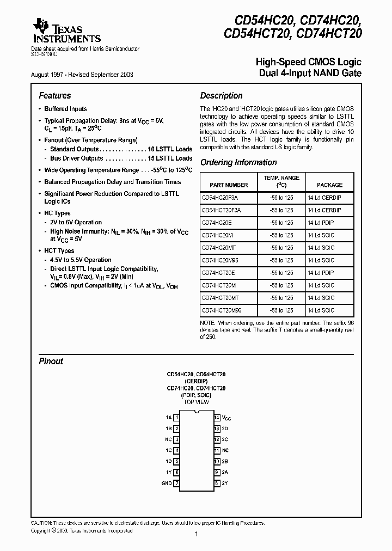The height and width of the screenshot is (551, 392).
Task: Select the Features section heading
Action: click(55, 95)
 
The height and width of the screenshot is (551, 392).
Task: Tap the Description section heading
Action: click(222, 95)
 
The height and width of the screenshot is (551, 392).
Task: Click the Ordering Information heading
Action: click(238, 162)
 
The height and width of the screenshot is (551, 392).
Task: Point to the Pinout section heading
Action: click(51, 361)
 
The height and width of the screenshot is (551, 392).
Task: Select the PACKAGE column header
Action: click(329, 185)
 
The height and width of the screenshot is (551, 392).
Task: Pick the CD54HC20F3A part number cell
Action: click(220, 198)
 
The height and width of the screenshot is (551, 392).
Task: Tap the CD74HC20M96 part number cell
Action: click(220, 260)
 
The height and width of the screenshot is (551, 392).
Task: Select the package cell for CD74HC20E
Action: click(321, 223)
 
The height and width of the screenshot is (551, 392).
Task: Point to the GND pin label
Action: click(167, 483)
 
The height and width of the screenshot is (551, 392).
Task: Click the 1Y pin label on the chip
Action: click(169, 472)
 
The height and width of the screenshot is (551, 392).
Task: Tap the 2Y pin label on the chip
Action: click(225, 483)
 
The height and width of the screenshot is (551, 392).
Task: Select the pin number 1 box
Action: click(177, 418)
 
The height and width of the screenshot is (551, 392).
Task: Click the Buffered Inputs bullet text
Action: click(65, 109)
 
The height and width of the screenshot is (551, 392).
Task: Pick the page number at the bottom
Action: click(195, 535)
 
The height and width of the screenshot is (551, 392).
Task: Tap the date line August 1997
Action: click(86, 74)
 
